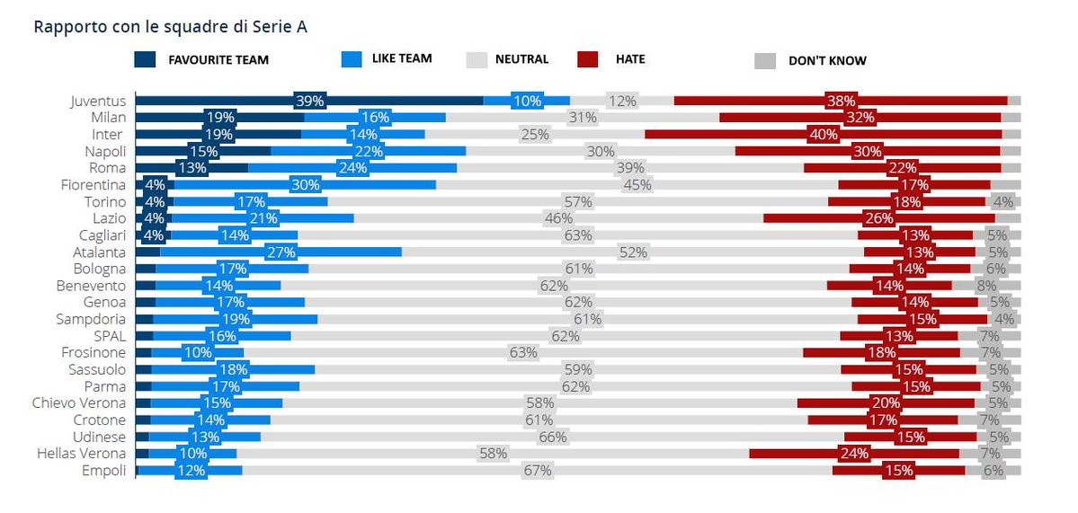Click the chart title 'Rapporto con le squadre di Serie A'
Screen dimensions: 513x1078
click(170, 27)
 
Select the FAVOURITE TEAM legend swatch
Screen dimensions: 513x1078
click(146, 60)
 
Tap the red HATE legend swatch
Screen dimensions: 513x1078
click(589, 60)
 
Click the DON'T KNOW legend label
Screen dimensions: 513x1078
click(827, 61)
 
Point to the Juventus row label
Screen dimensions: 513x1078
click(98, 101)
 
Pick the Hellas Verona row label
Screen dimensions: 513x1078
click(81, 453)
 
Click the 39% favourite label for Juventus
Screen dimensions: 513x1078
click(308, 101)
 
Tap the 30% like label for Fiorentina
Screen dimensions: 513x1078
click(306, 185)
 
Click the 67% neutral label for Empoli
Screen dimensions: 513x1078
click(538, 470)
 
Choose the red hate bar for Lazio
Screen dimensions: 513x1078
click(878, 218)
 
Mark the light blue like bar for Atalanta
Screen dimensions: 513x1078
click(281, 252)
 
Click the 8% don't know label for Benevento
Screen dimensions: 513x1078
click(986, 286)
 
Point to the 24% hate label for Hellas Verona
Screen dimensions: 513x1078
click(853, 453)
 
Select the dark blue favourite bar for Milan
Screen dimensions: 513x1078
click(219, 118)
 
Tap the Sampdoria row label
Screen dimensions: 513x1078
click(90, 319)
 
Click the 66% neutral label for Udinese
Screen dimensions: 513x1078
click(552, 437)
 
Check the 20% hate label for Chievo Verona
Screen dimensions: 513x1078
click(885, 402)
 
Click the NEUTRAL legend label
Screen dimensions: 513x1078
click(521, 60)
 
